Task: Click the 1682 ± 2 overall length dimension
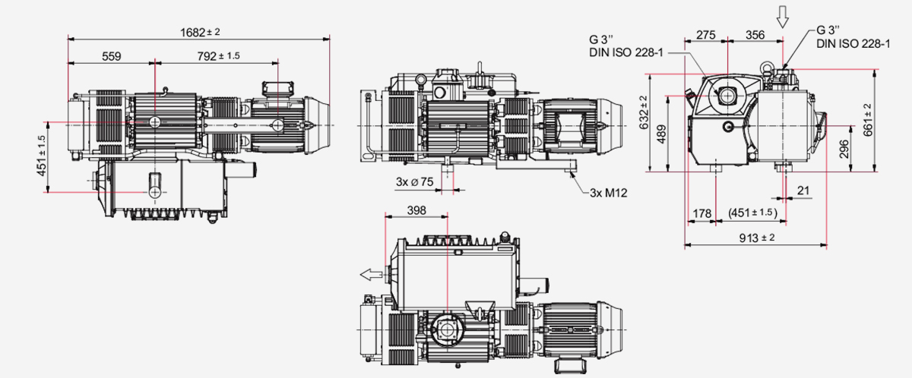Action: [x=199, y=32]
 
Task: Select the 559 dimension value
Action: [x=111, y=56]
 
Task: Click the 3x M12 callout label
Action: [x=608, y=193]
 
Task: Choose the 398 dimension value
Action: [x=416, y=210]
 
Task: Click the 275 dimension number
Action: [x=706, y=35]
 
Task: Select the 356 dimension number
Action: [x=755, y=35]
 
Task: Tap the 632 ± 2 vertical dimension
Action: [x=642, y=112]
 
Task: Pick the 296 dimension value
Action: [x=845, y=150]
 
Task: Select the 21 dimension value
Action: [x=803, y=191]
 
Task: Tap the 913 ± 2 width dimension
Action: [x=756, y=238]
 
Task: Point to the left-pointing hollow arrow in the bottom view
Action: [x=370, y=274]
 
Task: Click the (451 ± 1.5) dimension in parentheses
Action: [x=752, y=213]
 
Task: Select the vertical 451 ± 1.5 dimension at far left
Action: [x=42, y=156]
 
